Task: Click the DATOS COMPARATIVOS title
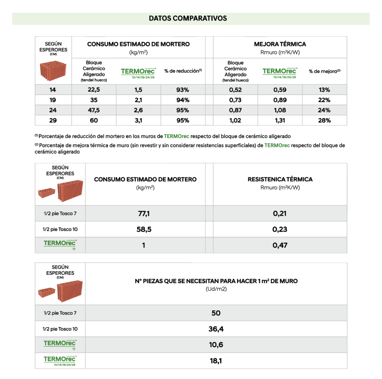point(188,18)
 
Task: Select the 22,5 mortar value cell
point(94,90)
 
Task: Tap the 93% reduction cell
point(183,90)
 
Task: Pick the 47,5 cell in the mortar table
point(94,110)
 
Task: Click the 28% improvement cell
point(324,120)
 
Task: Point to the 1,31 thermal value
point(279,120)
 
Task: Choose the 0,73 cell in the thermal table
point(235,100)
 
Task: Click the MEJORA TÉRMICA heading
point(280,44)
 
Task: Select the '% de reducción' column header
point(183,71)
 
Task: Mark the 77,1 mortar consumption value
point(144,213)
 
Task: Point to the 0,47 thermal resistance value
point(280,245)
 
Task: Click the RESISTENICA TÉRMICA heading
point(280,179)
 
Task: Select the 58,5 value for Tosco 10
point(144,229)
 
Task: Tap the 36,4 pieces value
point(216,329)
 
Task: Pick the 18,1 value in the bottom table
point(216,361)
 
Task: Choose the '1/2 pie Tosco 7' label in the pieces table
point(60,313)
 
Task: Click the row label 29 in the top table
point(53,120)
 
